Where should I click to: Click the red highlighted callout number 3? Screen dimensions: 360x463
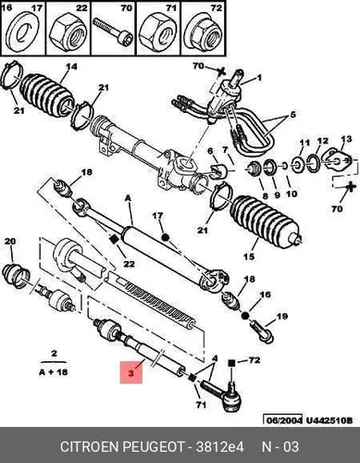click(x=131, y=372)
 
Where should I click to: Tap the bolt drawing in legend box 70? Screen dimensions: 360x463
click(x=113, y=32)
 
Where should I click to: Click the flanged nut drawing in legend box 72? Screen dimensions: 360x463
click(x=205, y=33)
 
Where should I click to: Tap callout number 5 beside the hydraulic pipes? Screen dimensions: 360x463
click(x=292, y=115)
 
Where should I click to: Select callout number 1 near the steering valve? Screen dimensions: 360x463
click(x=259, y=78)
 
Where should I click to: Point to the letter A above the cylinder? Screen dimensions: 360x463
click(x=128, y=198)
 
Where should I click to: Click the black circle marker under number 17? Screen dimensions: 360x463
click(x=166, y=237)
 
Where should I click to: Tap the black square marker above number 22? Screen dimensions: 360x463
click(x=114, y=240)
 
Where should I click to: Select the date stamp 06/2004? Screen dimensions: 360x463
click(x=282, y=420)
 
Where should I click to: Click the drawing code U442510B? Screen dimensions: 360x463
click(x=329, y=420)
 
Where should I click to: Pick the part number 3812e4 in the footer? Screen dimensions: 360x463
click(x=220, y=446)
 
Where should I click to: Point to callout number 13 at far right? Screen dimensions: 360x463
click(x=346, y=139)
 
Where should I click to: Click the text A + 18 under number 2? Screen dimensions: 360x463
click(x=53, y=372)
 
